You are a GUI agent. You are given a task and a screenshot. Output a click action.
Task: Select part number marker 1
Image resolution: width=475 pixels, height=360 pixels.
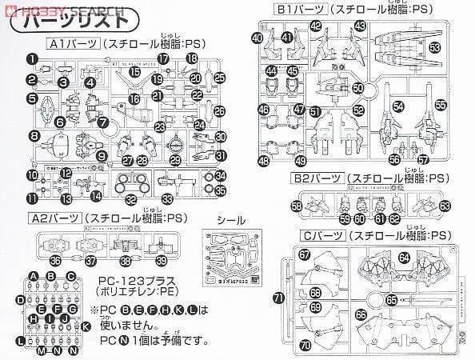31,58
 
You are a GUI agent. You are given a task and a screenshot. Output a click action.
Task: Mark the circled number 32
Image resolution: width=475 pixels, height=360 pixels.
130,198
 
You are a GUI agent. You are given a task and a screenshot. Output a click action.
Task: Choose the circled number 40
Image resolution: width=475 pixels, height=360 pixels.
257,37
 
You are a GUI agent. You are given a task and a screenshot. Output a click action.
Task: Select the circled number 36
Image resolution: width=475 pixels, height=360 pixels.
54,260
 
